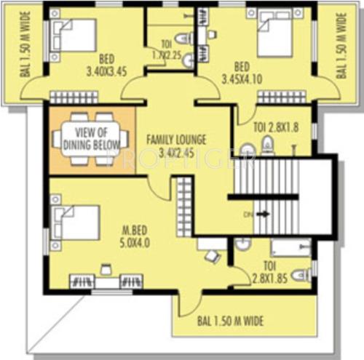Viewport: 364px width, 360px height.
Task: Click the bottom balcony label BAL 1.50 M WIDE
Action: click(x=231, y=320)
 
